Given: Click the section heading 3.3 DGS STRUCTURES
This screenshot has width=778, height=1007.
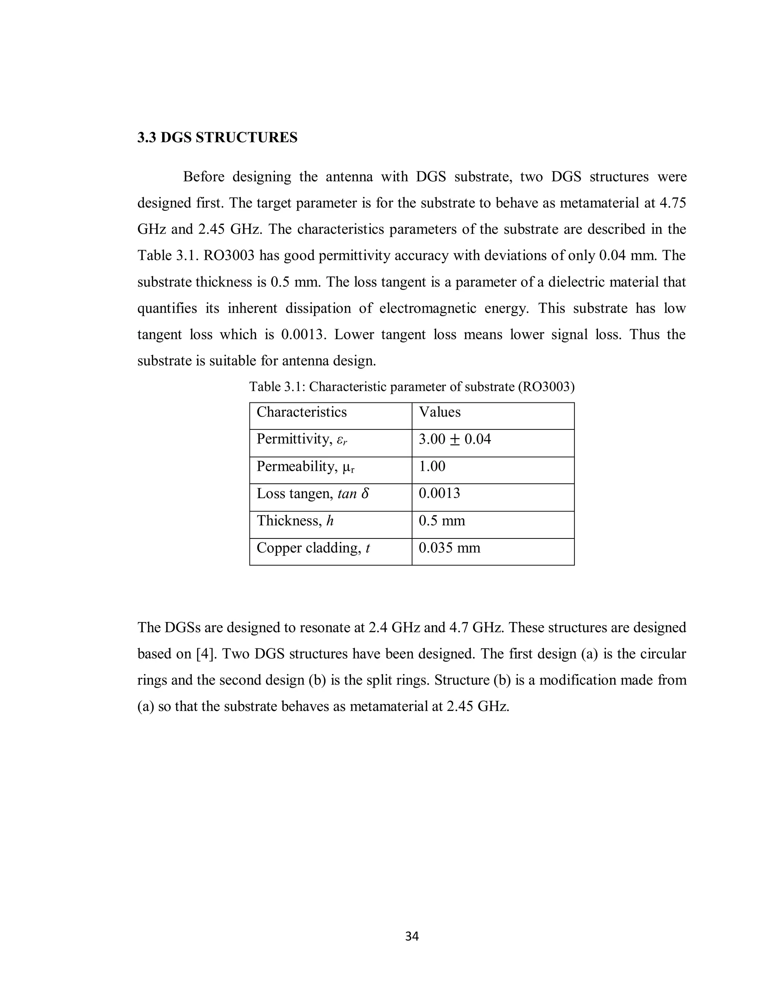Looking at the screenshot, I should (217, 138).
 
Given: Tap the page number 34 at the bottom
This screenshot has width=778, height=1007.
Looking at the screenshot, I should (411, 936).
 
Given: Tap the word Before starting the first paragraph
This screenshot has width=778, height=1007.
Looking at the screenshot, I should (204, 177).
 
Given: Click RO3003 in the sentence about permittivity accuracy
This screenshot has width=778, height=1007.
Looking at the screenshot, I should (229, 256).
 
